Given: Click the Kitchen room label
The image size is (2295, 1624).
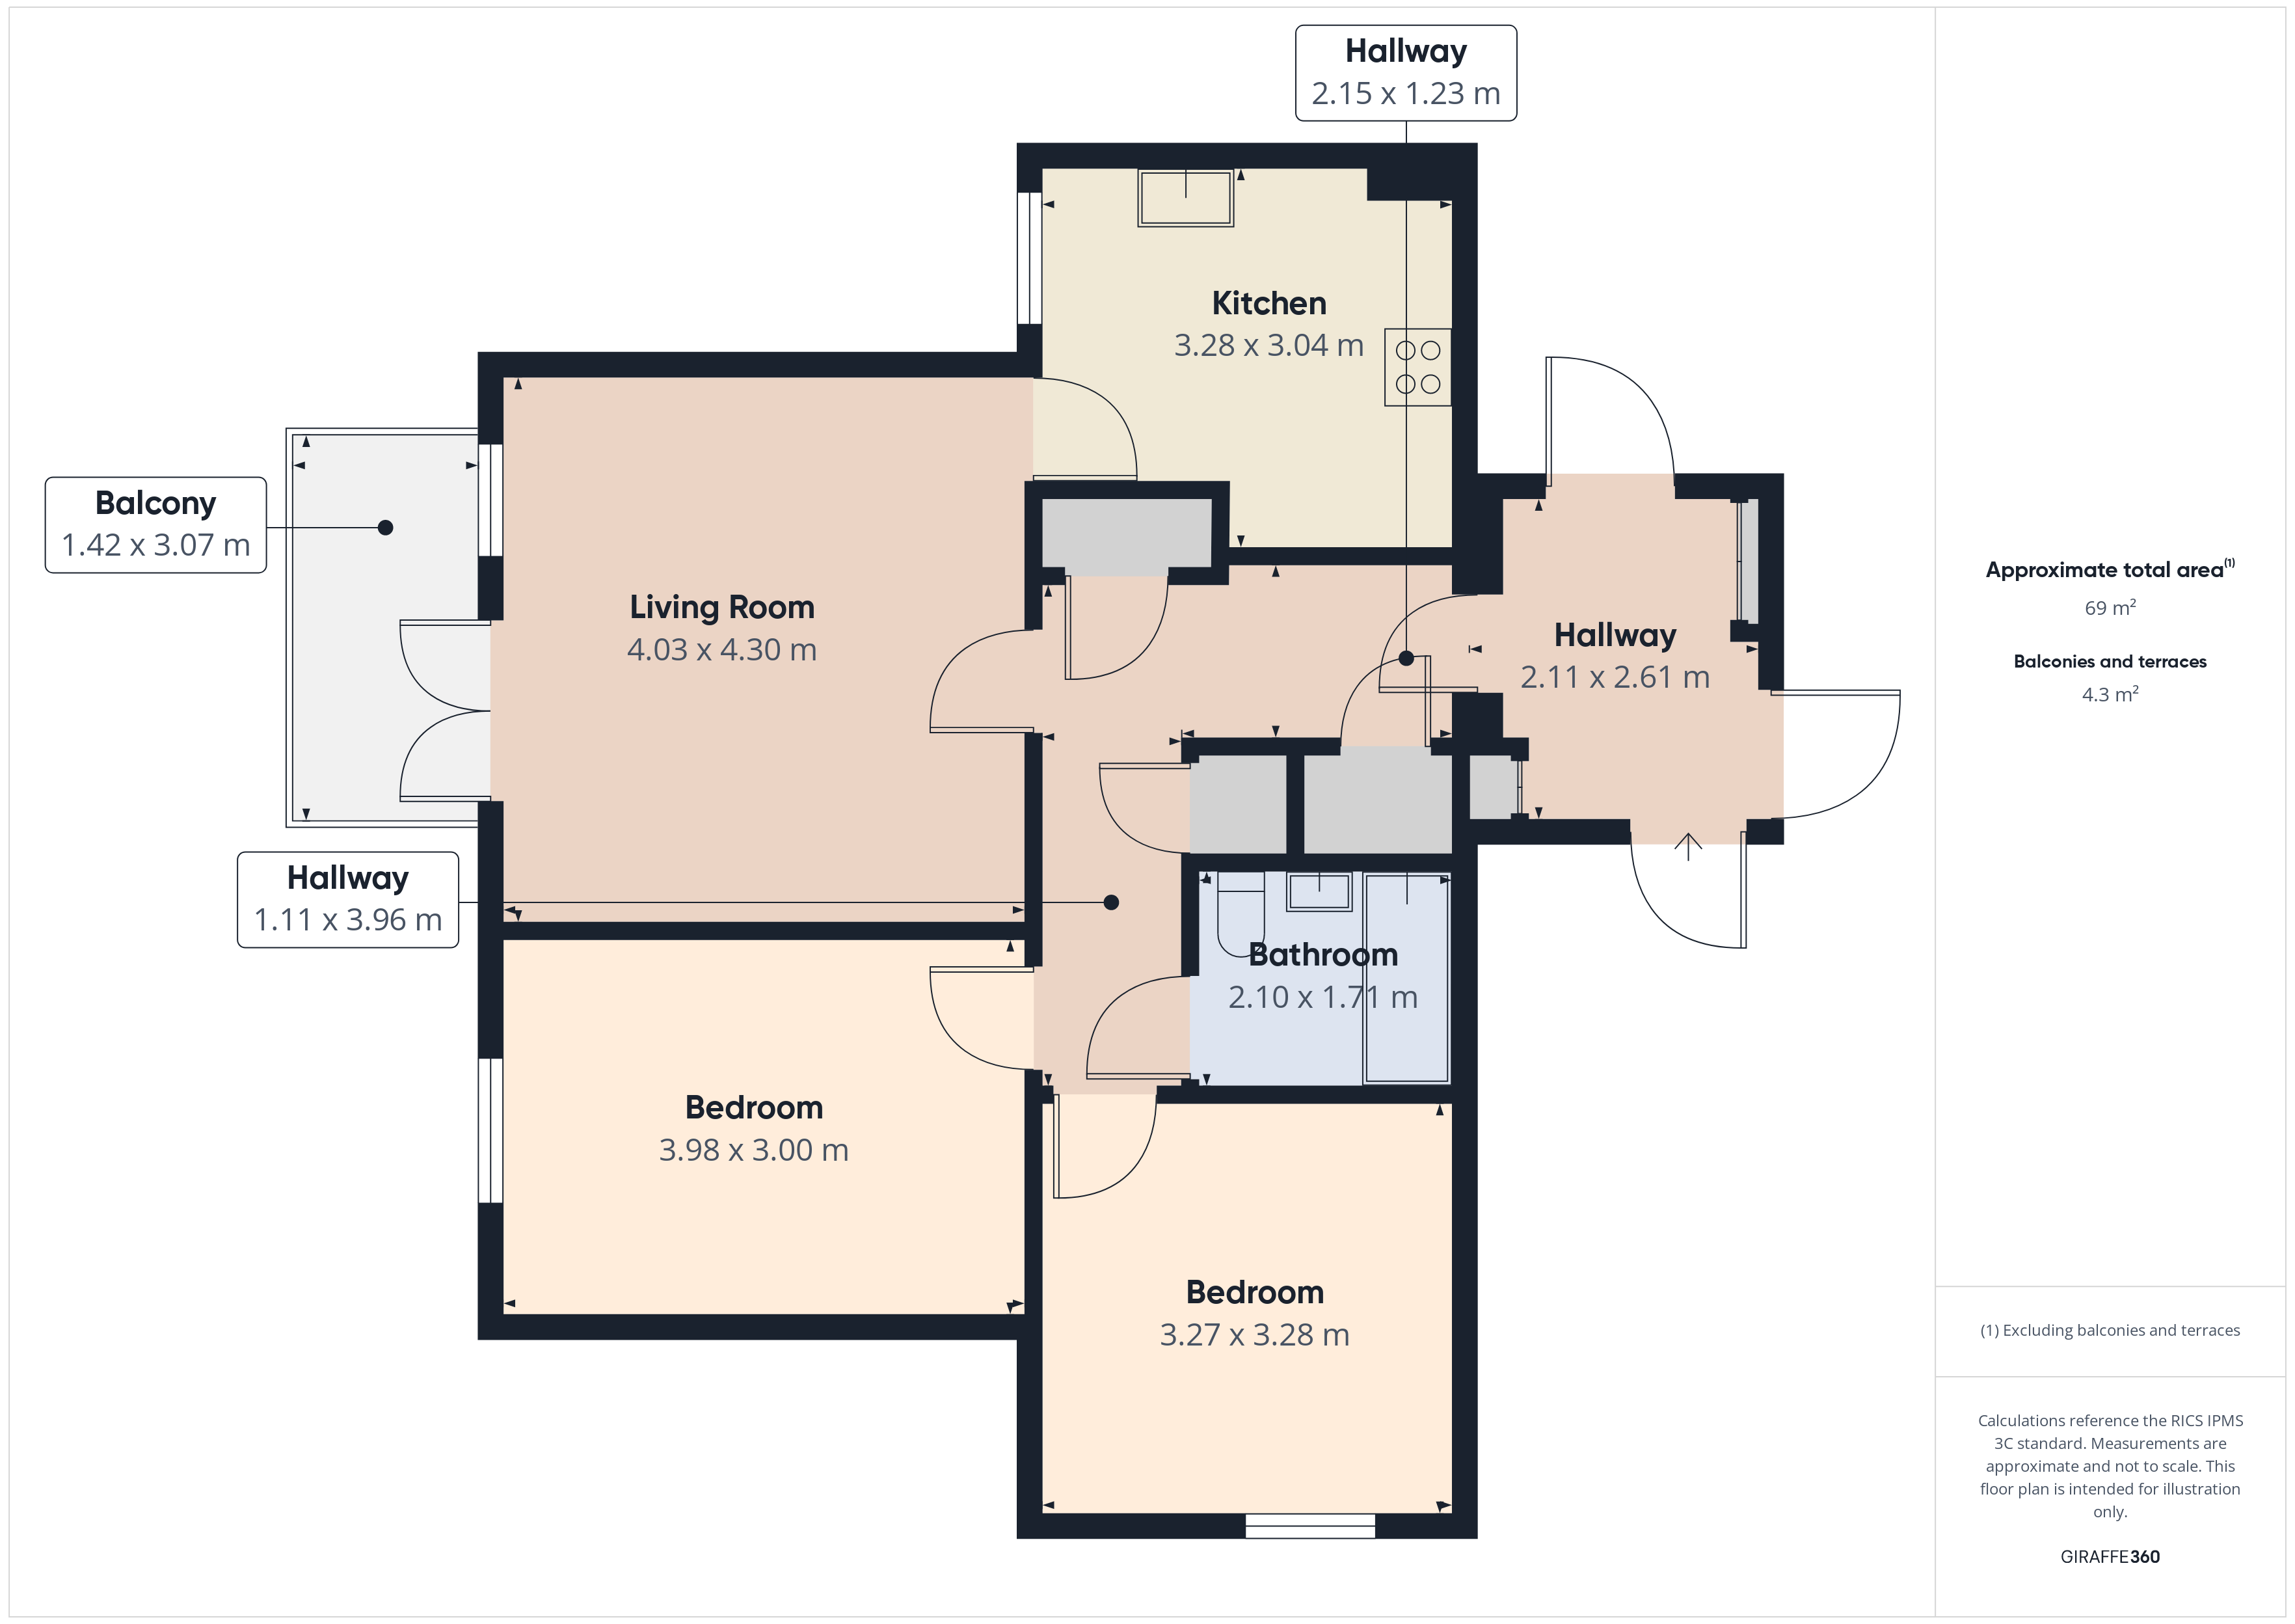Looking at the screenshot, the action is pos(1268,303).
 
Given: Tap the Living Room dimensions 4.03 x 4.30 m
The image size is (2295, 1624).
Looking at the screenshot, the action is pos(721,650).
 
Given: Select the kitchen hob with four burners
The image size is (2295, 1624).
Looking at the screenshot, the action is pos(1417,367).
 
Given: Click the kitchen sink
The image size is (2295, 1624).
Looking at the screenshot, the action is pos(1185,198).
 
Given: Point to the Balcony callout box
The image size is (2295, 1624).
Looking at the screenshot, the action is pos(156,525).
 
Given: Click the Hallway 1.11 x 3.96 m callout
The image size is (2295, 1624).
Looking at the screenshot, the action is pos(348,899).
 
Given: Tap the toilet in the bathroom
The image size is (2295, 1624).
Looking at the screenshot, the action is pos(1241,912).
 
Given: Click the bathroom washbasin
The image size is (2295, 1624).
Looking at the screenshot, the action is pos(1319,891).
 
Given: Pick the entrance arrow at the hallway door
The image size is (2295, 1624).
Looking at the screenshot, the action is pos(1688,846).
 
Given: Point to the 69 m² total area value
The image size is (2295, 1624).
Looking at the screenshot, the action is pos(2110,608).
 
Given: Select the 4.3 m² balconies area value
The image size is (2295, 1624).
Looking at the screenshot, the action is pos(2110,694).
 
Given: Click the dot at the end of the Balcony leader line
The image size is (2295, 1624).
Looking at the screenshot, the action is pos(386,527).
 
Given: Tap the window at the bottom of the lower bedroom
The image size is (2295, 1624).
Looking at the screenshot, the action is pos(1309,1526).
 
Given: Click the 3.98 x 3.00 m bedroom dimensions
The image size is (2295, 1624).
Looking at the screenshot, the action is pos(754,1150).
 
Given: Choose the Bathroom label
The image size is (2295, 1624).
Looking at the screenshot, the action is pos(1322,955).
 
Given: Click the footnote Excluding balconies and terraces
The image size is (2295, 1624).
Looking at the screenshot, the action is pos(2110,1330).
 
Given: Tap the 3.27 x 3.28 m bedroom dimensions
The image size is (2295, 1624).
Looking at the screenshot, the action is pos(1254,1335).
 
